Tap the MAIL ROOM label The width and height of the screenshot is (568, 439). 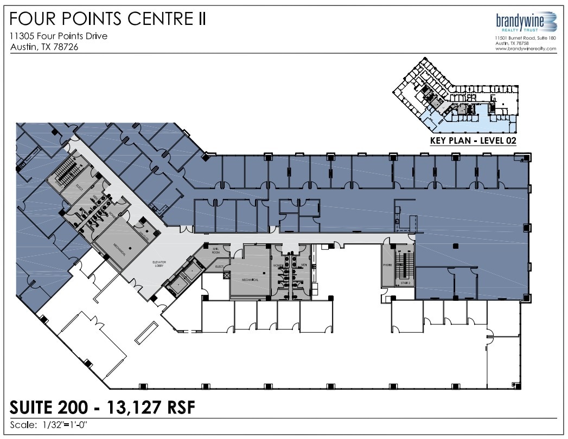click(x=216, y=251)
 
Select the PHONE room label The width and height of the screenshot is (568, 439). click(x=387, y=266)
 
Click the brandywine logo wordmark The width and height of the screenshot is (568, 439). click(x=519, y=20)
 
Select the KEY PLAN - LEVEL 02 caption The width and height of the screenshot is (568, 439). click(x=472, y=140)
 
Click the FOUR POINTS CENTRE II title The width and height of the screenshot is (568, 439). click(x=108, y=19)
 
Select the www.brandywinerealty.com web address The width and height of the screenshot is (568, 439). click(x=525, y=49)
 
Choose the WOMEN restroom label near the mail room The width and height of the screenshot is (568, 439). click(x=277, y=265)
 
